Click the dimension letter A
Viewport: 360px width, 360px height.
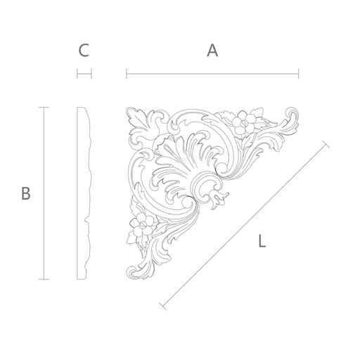[x=212, y=51]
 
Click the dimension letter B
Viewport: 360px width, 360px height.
[x=26, y=193]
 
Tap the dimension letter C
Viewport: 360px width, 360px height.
[x=84, y=51]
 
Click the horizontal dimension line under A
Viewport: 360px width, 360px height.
[x=212, y=74]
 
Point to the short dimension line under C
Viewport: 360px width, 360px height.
[x=84, y=74]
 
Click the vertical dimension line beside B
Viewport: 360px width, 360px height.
[x=44, y=193]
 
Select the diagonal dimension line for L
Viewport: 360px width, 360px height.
[x=245, y=225]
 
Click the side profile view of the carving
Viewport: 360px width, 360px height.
[x=84, y=193]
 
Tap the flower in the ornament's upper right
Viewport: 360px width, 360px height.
[x=244, y=122]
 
